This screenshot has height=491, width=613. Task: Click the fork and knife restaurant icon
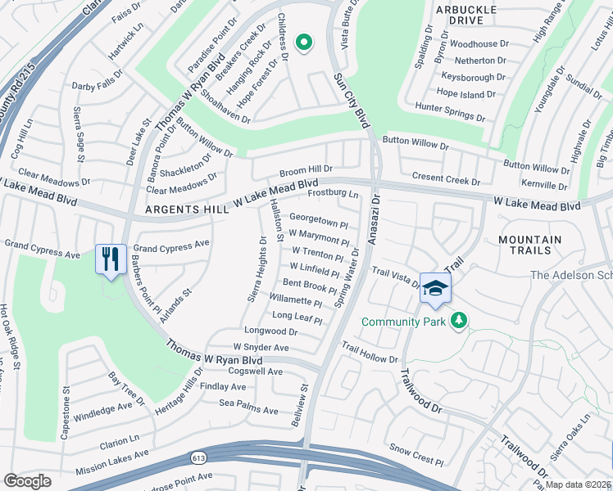coord(111,259)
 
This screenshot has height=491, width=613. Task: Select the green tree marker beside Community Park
coord(460,320)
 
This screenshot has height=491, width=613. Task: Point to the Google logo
coord(27,481)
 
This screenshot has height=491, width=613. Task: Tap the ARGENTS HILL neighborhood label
coord(186,210)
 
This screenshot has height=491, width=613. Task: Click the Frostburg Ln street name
coord(334,195)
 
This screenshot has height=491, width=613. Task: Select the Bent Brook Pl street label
coord(309,286)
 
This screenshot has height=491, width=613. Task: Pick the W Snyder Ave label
coord(261,348)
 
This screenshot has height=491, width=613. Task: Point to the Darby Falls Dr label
coord(98,83)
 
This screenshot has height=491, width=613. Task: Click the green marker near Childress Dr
coord(303,43)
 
